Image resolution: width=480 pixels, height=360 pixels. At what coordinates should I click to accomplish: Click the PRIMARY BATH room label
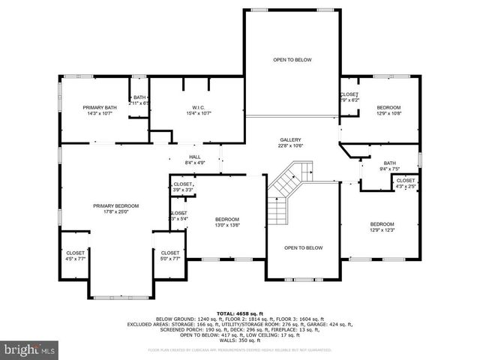pyautogui.click(x=100, y=108)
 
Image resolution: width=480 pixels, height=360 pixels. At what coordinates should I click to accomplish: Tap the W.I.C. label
pyautogui.click(x=197, y=108)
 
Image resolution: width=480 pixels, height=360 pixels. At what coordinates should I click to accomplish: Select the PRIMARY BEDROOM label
pyautogui.click(x=115, y=205)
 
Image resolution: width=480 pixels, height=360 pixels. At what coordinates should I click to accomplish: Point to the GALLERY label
pyautogui.click(x=290, y=140)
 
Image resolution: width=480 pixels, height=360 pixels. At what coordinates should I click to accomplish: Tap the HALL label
pyautogui.click(x=195, y=156)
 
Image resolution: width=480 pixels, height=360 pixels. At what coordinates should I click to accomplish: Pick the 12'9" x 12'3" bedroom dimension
pyautogui.click(x=381, y=230)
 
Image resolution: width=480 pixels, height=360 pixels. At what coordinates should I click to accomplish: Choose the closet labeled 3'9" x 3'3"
pyautogui.click(x=183, y=190)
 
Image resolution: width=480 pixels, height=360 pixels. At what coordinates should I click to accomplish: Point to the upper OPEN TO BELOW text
pyautogui.click(x=292, y=59)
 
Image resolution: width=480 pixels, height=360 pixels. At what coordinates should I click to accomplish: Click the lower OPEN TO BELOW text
pyautogui.click(x=303, y=247)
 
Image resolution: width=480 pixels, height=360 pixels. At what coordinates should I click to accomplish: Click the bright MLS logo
pyautogui.click(x=30, y=349)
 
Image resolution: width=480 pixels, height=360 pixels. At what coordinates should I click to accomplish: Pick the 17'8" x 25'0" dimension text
pyautogui.click(x=115, y=211)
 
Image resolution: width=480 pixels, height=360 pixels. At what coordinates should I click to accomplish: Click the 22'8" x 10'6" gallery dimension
pyautogui.click(x=290, y=146)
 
